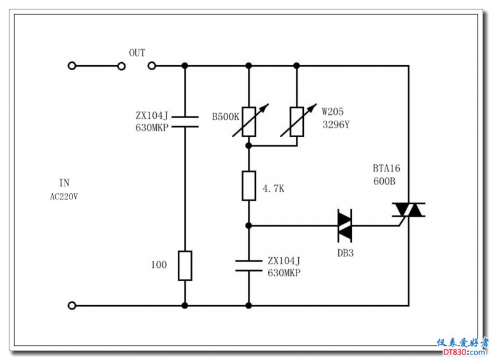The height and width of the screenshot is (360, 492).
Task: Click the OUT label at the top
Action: tap(137, 53)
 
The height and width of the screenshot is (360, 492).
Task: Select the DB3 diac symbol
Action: tap(344, 226)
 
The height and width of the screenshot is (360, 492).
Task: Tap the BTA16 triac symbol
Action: tap(408, 211)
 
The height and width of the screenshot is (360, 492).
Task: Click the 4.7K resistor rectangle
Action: tap(248, 186)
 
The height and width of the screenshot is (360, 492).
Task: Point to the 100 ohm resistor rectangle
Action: tap(185, 265)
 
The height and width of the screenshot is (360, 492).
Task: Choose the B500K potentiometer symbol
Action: tap(248, 122)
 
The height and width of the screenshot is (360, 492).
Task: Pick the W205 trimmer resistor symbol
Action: tap(297, 122)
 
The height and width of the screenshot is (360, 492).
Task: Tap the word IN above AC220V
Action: tap(65, 183)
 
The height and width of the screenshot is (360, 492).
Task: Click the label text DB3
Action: tap(345, 252)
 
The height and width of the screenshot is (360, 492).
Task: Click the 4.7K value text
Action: tap(273, 189)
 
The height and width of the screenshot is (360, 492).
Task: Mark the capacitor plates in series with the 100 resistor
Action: tap(185, 121)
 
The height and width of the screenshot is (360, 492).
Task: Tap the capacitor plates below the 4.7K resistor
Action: tap(248, 266)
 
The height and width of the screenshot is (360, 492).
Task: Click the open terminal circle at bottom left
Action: tap(73, 305)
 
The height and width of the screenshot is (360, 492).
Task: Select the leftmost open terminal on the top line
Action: tap(73, 65)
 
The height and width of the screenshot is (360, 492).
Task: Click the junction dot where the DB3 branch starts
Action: tap(248, 226)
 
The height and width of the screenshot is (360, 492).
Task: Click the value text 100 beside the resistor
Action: tap(159, 265)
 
